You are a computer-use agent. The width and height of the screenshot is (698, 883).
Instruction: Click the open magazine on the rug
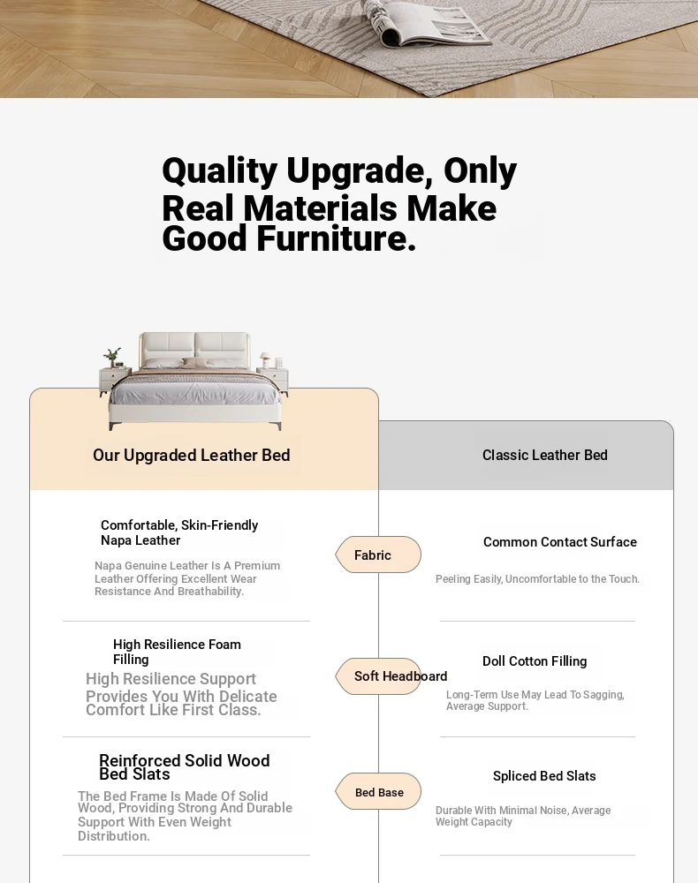pos(423,23)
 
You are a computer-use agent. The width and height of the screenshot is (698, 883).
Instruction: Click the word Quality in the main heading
pos(220,171)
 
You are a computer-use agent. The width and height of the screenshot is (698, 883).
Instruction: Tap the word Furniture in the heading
pos(337,238)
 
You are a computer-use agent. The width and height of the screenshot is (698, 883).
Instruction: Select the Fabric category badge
pos(378,555)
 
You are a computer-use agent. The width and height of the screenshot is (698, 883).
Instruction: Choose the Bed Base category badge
pos(378,792)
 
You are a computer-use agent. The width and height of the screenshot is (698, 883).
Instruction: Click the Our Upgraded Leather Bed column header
pos(192,455)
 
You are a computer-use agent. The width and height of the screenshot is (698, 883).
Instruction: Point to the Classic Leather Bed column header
pos(545,455)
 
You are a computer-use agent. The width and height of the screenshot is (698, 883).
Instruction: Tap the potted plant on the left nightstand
pos(111,357)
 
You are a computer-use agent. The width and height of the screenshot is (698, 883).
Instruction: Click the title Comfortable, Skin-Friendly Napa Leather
pos(179,532)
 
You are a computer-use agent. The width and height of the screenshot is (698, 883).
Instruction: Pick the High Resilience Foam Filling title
pos(177,652)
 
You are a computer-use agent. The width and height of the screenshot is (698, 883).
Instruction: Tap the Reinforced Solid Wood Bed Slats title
pos(184,767)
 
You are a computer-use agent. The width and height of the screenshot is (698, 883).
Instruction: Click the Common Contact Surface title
pos(560,542)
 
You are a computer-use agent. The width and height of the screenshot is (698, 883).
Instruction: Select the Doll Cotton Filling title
pos(535,661)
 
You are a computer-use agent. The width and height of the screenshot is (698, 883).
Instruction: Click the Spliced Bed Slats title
pos(544,776)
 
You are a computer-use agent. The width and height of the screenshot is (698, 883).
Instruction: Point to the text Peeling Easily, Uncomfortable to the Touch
pos(537,579)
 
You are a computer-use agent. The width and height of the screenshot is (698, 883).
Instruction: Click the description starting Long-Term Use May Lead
pos(535,700)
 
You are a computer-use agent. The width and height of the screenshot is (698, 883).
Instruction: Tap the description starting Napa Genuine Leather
pos(187,578)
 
